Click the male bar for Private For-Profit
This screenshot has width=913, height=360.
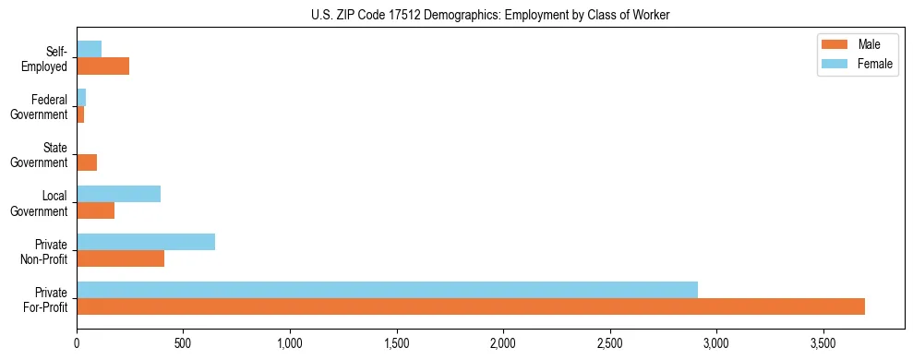(471, 306)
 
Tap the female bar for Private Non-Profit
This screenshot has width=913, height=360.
(146, 242)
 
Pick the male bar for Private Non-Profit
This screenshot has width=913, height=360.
(121, 258)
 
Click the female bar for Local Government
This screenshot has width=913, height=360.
(119, 194)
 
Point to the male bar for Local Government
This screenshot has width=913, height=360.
(96, 210)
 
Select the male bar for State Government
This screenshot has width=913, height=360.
(87, 162)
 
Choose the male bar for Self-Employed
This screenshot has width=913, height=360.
(103, 66)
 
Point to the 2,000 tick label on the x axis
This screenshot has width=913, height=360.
(503, 342)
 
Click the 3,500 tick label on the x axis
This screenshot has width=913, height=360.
(823, 342)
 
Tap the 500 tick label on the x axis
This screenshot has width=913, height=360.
(184, 342)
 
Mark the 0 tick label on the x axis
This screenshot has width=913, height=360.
(78, 342)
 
